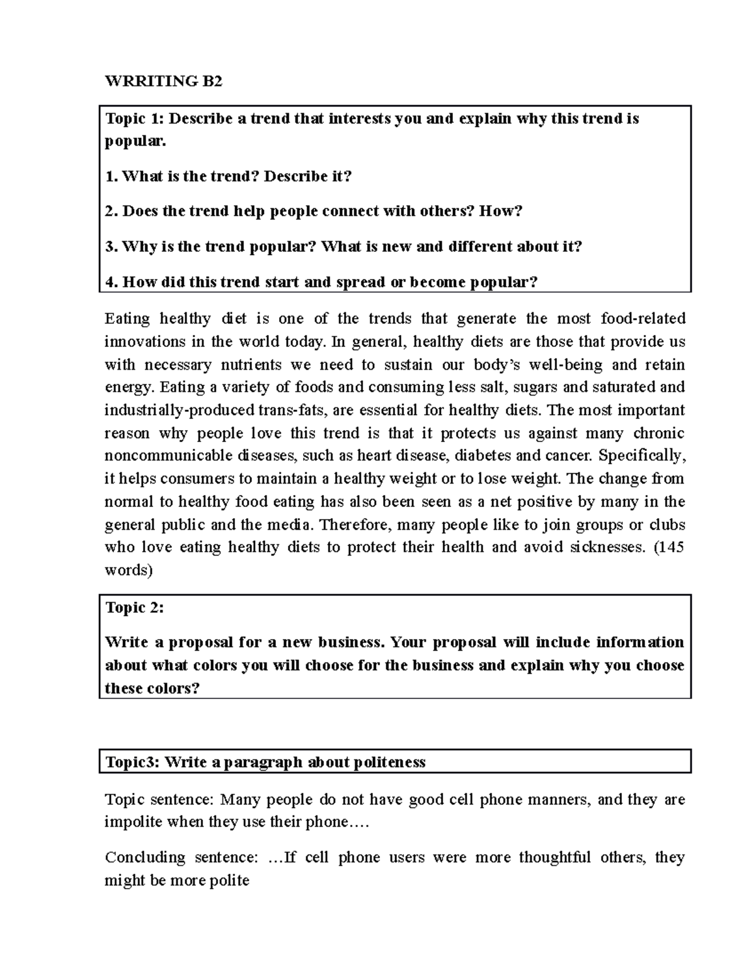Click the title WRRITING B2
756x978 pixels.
(x=164, y=81)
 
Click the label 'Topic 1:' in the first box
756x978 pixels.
(x=134, y=119)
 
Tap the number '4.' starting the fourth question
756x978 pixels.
(x=112, y=282)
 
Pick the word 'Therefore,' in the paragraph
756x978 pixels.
(x=357, y=525)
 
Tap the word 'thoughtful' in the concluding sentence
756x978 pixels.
(x=554, y=858)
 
